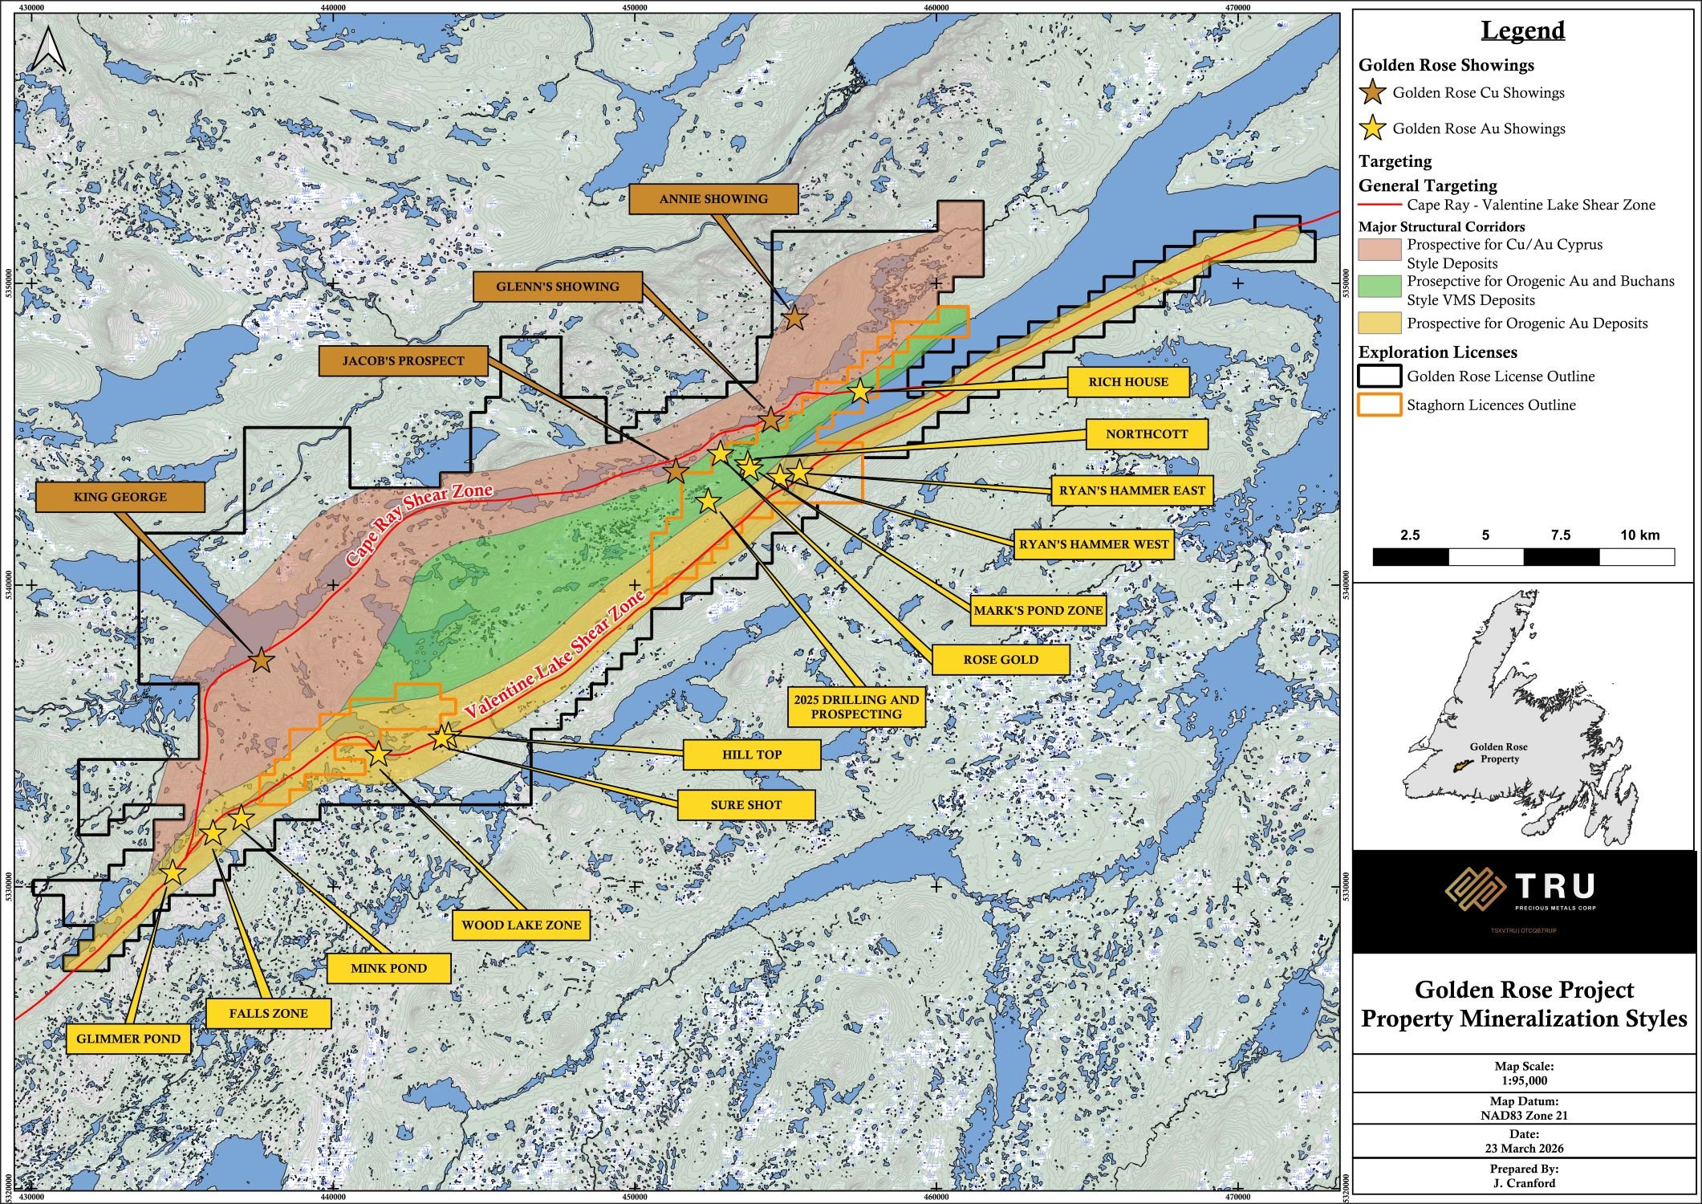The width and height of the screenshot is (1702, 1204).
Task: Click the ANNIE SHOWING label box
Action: click(713, 199)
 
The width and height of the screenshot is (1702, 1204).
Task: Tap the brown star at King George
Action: click(262, 661)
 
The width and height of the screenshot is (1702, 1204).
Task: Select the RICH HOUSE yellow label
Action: click(1127, 382)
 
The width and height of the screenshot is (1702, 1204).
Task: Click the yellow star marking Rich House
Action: click(859, 392)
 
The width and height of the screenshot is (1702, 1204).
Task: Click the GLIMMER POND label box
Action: click(128, 1039)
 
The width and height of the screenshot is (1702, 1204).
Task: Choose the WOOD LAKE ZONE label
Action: click(521, 925)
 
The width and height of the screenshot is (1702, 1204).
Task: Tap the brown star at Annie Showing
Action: click(794, 318)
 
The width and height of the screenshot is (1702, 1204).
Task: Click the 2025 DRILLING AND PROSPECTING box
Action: click(856, 706)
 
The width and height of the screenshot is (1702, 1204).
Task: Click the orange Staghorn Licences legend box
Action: click(1379, 405)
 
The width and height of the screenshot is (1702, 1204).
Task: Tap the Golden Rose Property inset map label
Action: click(1498, 752)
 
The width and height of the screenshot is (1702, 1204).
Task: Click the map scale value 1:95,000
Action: click(1523, 1080)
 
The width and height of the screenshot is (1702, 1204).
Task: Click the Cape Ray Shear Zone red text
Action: click(417, 527)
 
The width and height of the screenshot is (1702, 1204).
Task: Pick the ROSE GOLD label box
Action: click(1001, 660)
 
